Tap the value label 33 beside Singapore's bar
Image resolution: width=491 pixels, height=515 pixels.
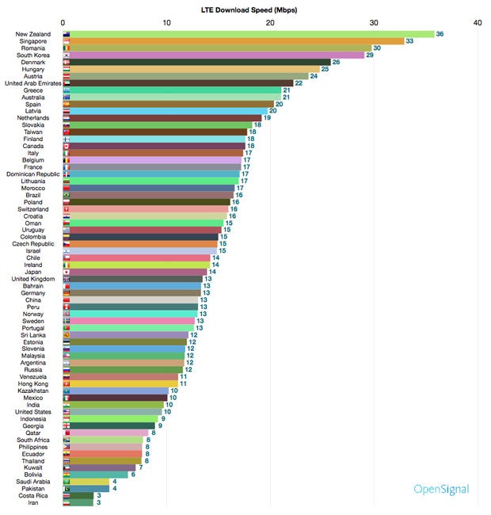point(410,41)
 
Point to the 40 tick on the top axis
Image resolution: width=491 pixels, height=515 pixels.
point(477,23)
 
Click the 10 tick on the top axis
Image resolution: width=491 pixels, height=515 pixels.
point(166,23)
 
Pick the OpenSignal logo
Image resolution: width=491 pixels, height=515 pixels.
point(441,489)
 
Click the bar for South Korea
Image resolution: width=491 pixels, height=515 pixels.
point(213,55)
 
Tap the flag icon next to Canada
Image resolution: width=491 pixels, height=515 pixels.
point(67,146)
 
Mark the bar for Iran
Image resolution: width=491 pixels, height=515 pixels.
point(78,502)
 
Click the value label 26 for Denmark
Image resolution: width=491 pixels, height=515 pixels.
point(336,62)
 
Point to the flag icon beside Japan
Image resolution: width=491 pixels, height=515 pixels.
point(67,272)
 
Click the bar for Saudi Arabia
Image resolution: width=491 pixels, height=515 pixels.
point(86,481)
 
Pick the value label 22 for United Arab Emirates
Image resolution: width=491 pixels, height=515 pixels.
point(299,83)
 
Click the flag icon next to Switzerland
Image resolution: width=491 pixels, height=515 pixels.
point(67,209)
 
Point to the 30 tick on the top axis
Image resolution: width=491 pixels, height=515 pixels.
point(374,23)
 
